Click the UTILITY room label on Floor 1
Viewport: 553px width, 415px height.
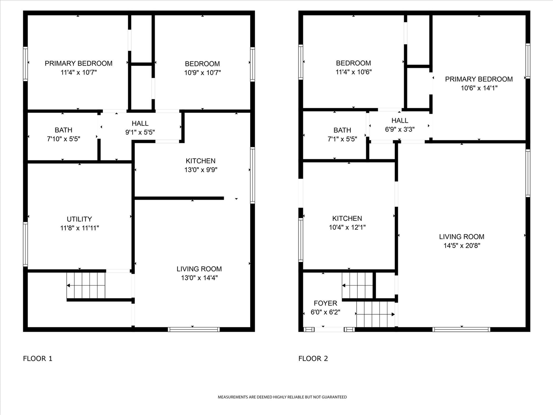point(79,219)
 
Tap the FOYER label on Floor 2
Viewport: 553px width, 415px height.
point(325,303)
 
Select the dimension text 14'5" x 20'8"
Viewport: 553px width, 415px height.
point(461,246)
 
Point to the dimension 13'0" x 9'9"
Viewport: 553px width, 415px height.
point(200,170)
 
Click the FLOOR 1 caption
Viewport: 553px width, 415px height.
point(38,358)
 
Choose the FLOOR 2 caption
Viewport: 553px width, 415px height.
point(313,358)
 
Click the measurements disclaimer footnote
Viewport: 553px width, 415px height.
point(282,397)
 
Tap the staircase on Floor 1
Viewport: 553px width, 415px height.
point(86,285)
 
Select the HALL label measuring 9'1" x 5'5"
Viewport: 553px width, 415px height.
point(140,124)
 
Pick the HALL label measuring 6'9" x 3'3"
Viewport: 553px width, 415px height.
point(400,121)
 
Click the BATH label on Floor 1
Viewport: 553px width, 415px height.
point(64,130)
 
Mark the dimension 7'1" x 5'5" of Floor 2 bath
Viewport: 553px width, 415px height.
point(342,139)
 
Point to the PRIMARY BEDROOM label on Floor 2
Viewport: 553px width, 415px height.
point(479,79)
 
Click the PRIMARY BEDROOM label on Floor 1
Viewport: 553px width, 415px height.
point(79,64)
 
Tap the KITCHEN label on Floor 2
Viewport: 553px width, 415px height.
point(347,218)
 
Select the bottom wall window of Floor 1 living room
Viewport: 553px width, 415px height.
point(194,329)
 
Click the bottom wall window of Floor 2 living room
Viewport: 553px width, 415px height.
point(461,329)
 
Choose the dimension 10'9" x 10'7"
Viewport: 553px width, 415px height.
point(202,73)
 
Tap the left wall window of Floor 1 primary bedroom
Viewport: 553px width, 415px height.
point(25,64)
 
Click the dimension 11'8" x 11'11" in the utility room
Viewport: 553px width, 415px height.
point(79,228)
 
